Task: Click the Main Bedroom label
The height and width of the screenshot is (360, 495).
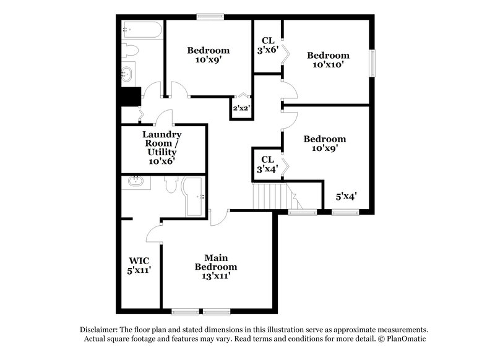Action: tap(216, 267)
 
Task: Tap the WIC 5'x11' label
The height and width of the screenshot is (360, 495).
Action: tap(140, 265)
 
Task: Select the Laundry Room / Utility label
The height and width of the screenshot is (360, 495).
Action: tap(161, 147)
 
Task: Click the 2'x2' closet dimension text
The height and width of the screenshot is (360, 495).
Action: tap(240, 109)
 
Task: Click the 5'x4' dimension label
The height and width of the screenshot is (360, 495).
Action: tap(346, 196)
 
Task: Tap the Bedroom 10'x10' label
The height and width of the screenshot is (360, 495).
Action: tap(328, 59)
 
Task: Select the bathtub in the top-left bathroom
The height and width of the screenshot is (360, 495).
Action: tap(142, 29)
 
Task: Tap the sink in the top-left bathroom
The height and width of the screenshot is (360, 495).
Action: tap(128, 74)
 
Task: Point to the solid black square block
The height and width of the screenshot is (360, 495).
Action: tap(131, 96)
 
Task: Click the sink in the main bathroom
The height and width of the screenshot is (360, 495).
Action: tap(136, 182)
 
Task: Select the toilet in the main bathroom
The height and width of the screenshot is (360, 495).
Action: tap(171, 185)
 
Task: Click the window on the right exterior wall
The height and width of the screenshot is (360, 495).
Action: tap(372, 63)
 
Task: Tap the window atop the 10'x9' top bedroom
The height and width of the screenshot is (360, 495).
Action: tap(209, 17)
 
